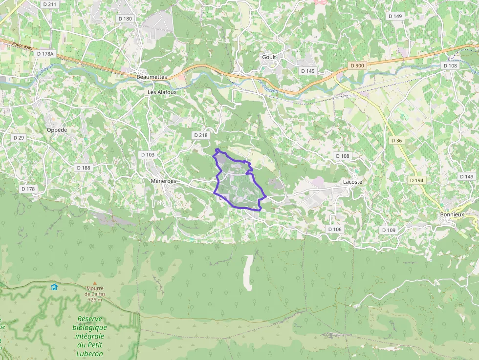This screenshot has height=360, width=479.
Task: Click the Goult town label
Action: click(269, 57)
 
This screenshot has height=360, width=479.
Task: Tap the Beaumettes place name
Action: click(152, 77)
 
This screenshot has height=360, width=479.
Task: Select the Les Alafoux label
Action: click(162, 92)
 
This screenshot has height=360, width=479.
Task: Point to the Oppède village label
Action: click(57, 130)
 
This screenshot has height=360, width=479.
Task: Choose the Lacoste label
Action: click(352, 182)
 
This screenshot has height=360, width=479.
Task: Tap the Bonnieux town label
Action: click(452, 214)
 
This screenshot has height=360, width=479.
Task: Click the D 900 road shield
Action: click(357, 65)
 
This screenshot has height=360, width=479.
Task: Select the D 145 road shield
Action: click(308, 71)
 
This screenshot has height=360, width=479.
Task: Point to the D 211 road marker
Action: click(50, 4)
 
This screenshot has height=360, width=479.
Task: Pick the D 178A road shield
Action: click(45, 54)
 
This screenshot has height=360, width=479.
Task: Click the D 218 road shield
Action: click(200, 135)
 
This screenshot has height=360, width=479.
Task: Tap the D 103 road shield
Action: click(148, 155)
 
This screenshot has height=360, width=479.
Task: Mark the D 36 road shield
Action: click(396, 141)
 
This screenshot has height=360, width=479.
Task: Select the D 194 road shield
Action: click(417, 180)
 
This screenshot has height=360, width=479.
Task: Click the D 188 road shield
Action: click(84, 168)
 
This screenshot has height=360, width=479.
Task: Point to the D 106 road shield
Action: click(335, 229)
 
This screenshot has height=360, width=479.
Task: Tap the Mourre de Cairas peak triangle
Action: click(95, 283)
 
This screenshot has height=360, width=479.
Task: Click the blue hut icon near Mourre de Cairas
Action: click(54, 287)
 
